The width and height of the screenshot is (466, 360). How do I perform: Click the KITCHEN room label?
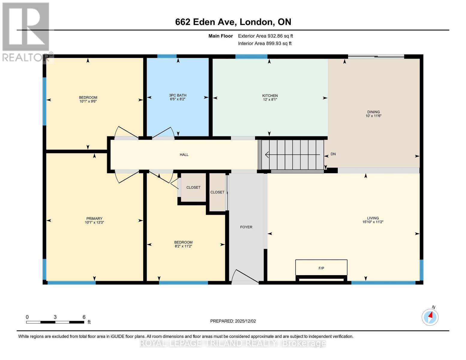[x=270, y=95]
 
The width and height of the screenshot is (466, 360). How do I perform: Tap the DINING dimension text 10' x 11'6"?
[x=373, y=116]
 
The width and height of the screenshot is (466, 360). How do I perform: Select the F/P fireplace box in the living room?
[x=321, y=268]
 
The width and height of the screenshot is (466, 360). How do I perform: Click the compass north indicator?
[x=430, y=317]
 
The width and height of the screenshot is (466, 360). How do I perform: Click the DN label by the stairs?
[x=333, y=154]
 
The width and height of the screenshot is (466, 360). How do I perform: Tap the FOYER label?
[x=246, y=227]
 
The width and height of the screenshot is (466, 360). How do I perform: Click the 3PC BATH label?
[x=178, y=95]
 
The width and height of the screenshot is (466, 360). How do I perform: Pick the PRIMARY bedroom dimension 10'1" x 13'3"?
[x=94, y=223]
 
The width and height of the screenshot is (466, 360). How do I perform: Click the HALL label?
[x=184, y=154]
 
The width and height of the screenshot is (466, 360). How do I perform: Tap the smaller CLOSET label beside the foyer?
[x=217, y=192]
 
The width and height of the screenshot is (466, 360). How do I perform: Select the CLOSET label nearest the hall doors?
[x=193, y=187]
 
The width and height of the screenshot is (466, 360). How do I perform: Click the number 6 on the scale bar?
[x=84, y=317]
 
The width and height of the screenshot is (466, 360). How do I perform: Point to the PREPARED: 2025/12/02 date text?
[x=233, y=321]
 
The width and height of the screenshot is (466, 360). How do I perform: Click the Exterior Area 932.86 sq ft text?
[x=265, y=36]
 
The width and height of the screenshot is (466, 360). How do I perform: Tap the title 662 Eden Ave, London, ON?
[x=233, y=22]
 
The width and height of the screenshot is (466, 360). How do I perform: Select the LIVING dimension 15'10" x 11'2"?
[x=373, y=222]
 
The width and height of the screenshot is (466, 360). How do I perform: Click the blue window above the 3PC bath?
[x=167, y=56]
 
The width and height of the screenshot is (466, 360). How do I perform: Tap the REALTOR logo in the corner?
[x=26, y=31]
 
